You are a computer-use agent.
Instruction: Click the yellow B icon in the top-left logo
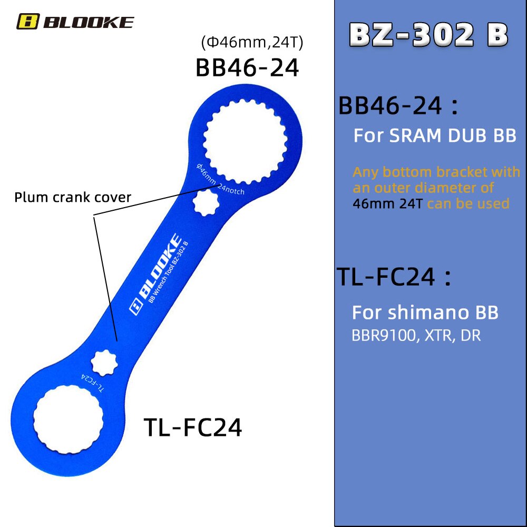(27, 22)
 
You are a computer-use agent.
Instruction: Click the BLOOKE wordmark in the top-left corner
(88, 22)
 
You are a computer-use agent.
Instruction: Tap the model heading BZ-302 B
(428, 35)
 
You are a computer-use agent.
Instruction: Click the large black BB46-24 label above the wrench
(247, 67)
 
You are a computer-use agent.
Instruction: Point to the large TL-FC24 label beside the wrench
(193, 427)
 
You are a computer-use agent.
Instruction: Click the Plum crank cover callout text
(73, 198)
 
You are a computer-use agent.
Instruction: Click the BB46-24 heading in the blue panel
(398, 106)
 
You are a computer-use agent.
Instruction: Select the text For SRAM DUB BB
(435, 135)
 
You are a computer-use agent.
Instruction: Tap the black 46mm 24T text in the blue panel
(388, 203)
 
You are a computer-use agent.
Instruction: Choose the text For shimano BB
(425, 313)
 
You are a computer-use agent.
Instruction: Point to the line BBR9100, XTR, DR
(416, 336)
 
